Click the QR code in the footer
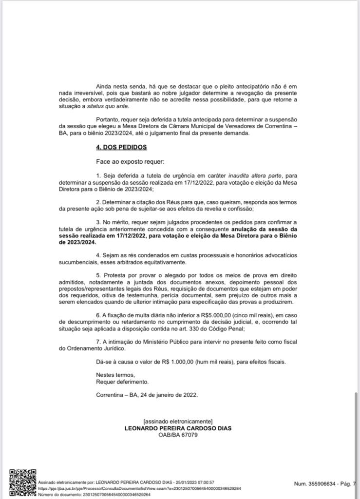pos(22,482)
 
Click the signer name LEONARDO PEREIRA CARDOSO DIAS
pos(178,428)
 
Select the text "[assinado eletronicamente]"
pos(178,421)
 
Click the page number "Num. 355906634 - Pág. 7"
pos(325,483)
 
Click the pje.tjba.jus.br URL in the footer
pos(139,488)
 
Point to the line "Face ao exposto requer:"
pos(131,161)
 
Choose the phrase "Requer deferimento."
pos(122,382)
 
